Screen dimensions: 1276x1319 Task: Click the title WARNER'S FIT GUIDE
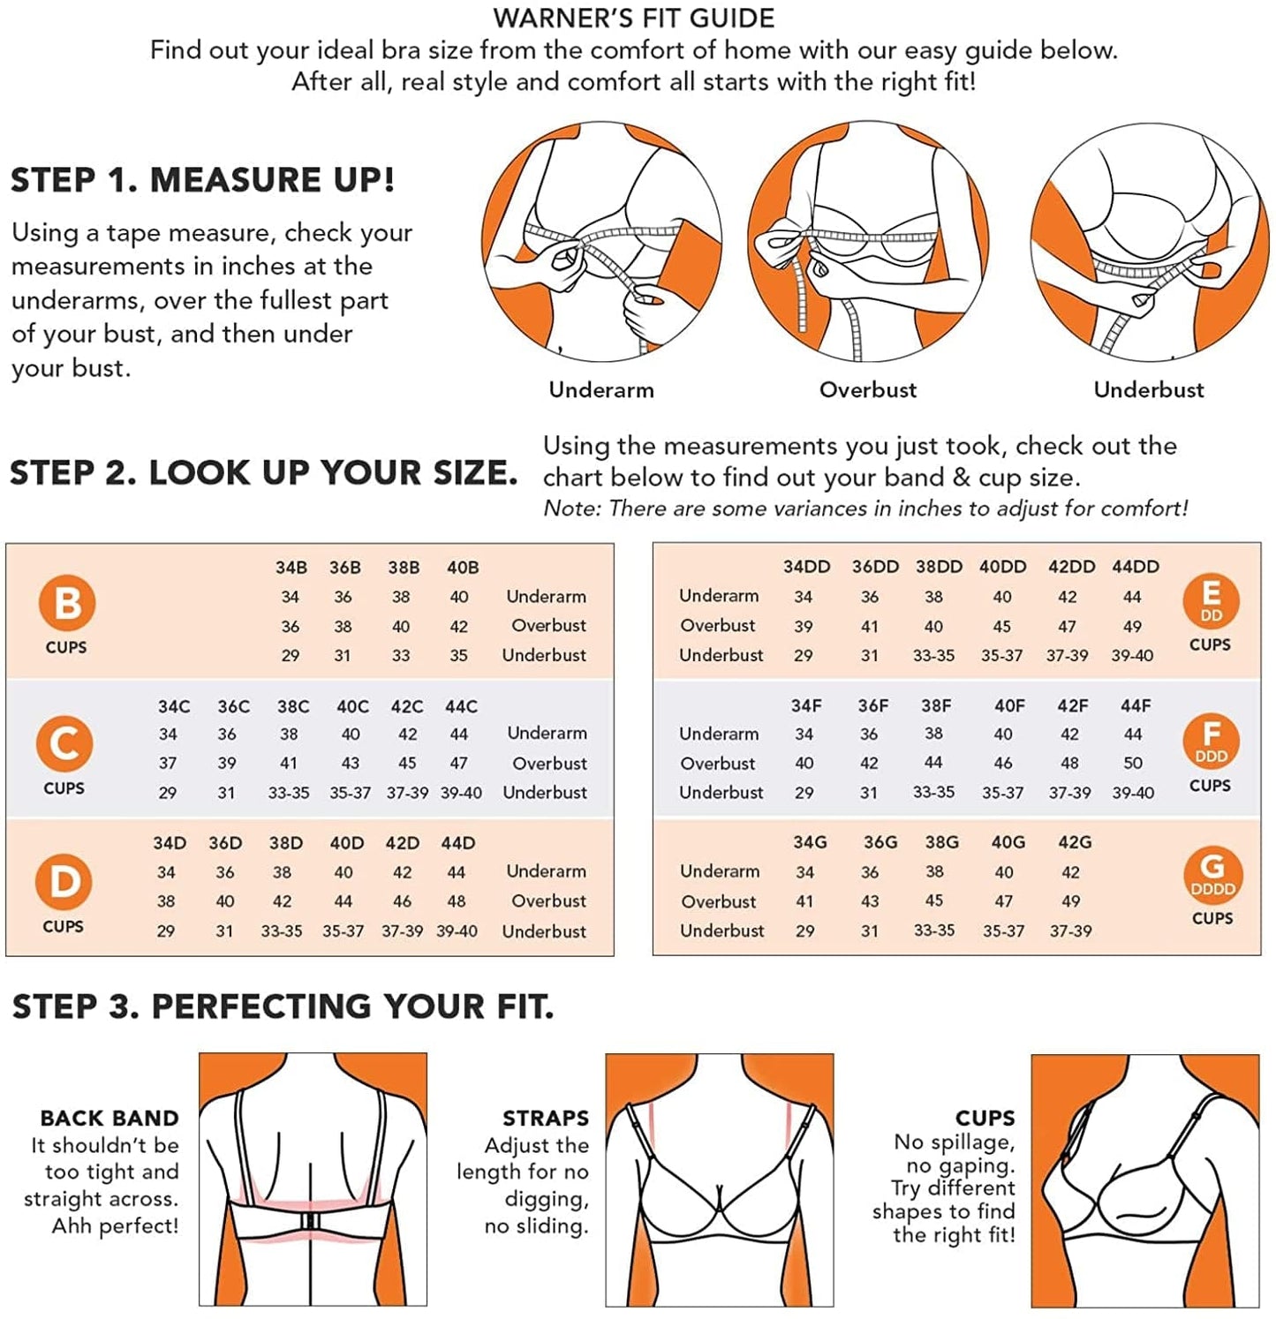pos(634,18)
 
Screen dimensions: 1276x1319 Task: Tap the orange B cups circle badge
pos(66,603)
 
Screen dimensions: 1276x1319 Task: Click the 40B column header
pos(463,568)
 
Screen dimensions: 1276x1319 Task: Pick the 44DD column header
pos(1136,567)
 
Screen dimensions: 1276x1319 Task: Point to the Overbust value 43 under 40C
pos(351,764)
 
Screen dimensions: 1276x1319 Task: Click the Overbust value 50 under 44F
pos(1133,763)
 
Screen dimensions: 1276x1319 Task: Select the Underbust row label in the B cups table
pos(544,655)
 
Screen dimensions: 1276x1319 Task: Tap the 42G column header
pos(1075,842)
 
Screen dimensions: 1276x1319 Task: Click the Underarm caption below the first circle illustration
pos(601,390)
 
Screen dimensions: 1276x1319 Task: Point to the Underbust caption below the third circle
pos(1149,390)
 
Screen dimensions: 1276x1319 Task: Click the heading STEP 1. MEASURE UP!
pos(202,180)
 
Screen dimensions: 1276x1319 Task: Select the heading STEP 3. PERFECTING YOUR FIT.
pos(283,1006)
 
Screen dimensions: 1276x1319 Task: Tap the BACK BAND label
pos(109,1119)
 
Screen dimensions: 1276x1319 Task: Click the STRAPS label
pos(546,1119)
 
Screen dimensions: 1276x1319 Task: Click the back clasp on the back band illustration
pos(311,1220)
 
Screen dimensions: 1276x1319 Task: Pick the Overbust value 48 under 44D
pos(457,901)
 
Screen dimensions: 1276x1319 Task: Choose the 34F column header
pos(806,706)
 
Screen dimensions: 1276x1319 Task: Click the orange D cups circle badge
pos(64,882)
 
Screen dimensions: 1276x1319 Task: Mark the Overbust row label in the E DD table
pos(718,626)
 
